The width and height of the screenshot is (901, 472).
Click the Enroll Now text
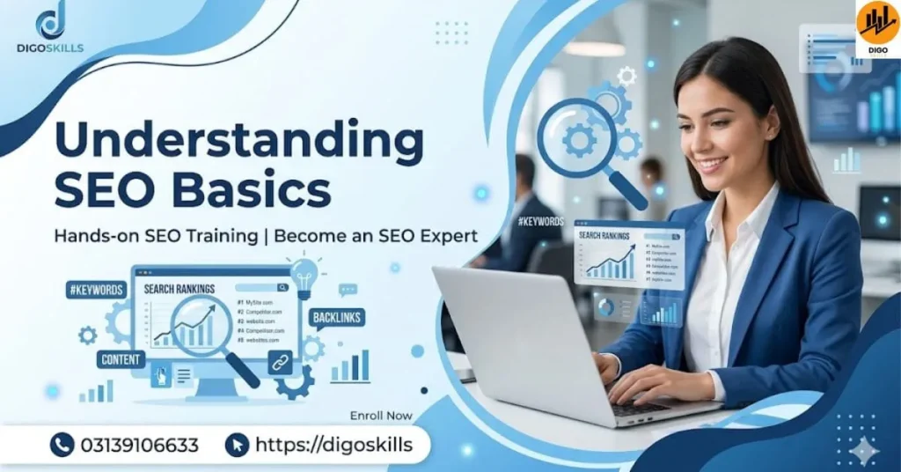(381, 415)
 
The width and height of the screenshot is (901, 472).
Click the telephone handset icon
(62, 445)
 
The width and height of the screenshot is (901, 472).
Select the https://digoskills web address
(333, 445)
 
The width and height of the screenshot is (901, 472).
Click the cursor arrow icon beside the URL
(237, 445)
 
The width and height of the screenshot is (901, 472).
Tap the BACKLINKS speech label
(337, 318)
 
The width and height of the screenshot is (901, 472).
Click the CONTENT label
(121, 359)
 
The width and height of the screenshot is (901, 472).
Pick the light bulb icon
(304, 274)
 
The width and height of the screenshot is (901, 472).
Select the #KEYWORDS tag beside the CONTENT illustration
(95, 290)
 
